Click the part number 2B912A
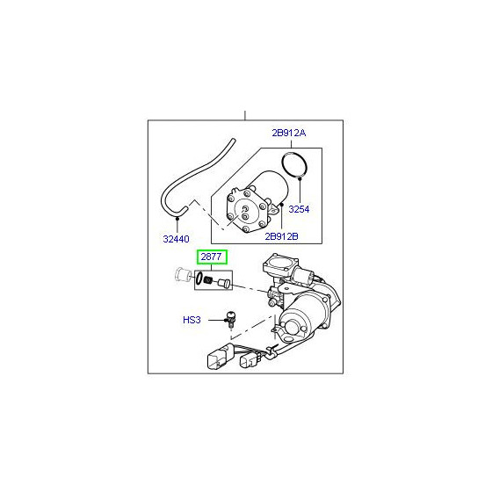pos(289,133)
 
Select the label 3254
pos(299,209)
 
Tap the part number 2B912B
pos(281,236)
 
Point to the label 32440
pos(176,239)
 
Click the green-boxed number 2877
pos(211,257)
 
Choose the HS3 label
pos(192,320)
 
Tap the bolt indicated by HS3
pos(230,320)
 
